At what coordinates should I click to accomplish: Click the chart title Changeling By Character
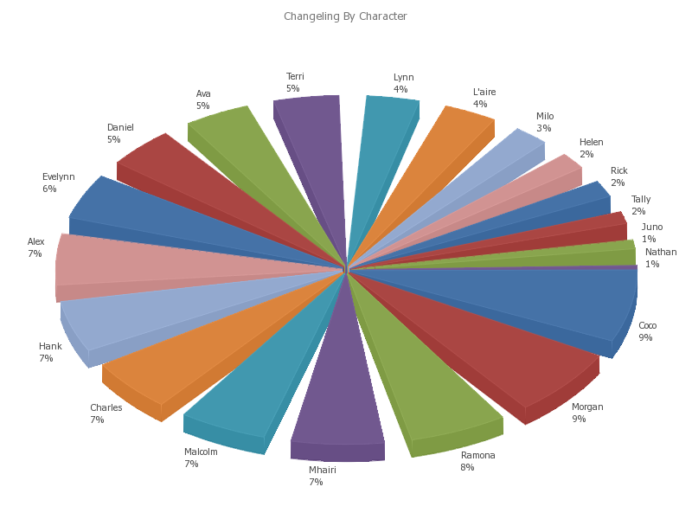(x=345, y=16)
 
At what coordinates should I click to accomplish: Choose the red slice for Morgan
(x=510, y=355)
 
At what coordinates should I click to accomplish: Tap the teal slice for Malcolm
(x=259, y=381)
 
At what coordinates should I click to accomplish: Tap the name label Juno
(x=651, y=227)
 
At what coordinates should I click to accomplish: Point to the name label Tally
(x=640, y=200)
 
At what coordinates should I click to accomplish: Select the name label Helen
(x=591, y=143)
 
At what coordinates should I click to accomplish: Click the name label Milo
(x=544, y=117)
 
